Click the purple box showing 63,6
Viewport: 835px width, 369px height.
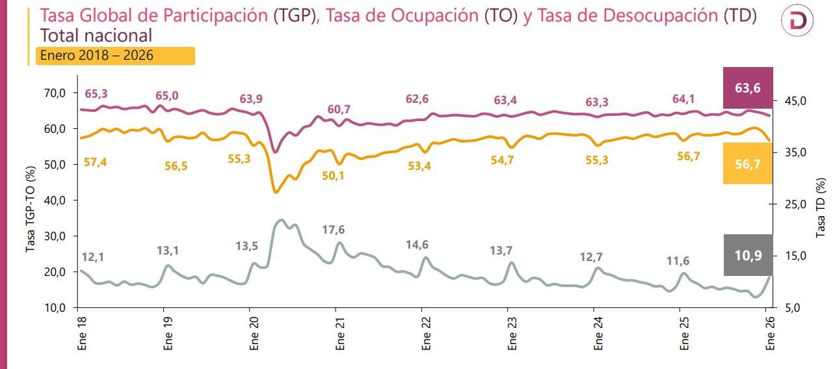pyautogui.click(x=748, y=88)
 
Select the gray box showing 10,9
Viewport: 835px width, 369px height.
pyautogui.click(x=748, y=255)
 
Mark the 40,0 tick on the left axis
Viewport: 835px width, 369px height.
pyautogui.click(x=55, y=200)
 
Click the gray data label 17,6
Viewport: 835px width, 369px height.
pyautogui.click(x=334, y=230)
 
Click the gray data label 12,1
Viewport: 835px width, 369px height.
pyautogui.click(x=92, y=257)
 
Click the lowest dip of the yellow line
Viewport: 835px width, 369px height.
pyautogui.click(x=276, y=192)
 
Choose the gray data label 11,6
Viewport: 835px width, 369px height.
pyautogui.click(x=678, y=261)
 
